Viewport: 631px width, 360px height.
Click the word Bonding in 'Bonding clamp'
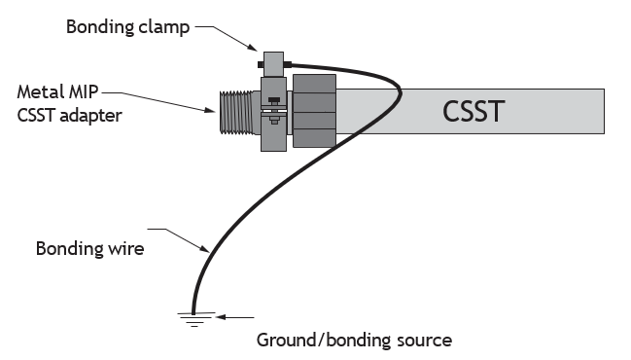coord(100,27)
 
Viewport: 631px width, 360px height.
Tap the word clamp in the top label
coord(163,28)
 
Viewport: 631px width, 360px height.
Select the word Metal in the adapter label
coord(41,91)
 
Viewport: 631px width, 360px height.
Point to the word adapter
coord(90,116)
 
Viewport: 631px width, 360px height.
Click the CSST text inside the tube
coord(473,111)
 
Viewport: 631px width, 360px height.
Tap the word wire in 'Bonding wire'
coord(125,248)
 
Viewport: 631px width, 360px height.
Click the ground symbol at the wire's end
coord(194,319)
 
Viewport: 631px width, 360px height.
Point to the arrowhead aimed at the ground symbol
coord(220,317)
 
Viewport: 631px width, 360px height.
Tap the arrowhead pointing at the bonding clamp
coord(253,48)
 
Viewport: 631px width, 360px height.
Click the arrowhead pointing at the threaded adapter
coord(210,110)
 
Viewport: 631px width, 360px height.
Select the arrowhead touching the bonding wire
coord(205,249)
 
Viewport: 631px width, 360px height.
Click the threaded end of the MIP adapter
coord(236,112)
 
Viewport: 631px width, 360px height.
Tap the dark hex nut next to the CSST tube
coord(314,110)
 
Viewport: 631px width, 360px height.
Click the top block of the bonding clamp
coord(273,64)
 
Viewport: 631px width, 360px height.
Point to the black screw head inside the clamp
coord(274,99)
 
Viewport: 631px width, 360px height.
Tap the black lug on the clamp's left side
coord(261,64)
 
